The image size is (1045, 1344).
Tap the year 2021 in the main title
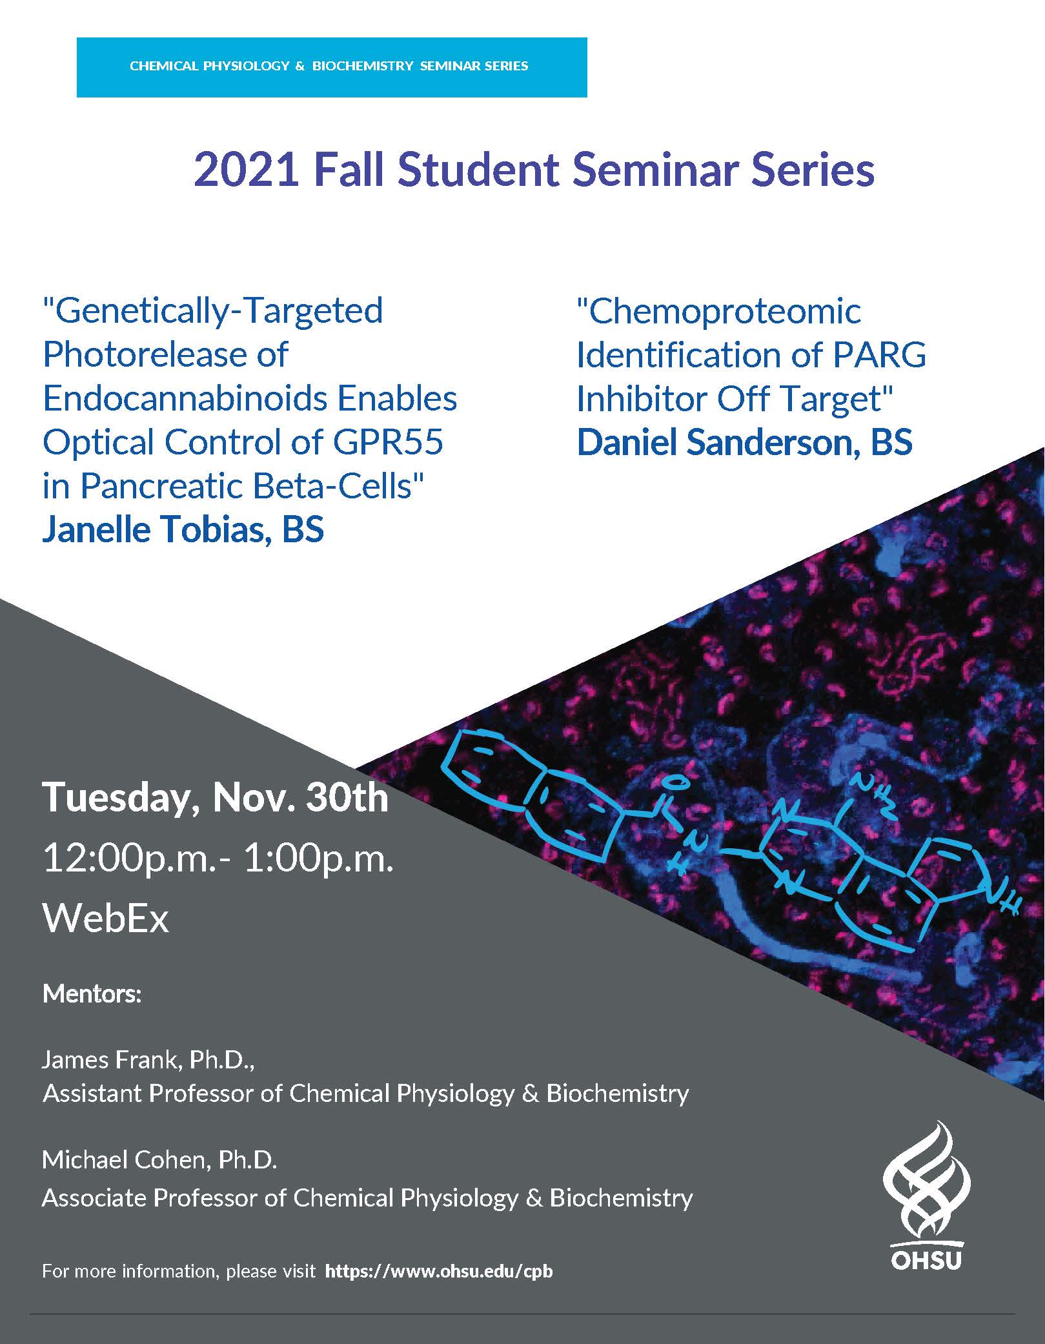pos(247,170)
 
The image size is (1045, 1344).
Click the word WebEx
pos(106,918)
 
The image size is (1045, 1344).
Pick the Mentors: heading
pos(92,993)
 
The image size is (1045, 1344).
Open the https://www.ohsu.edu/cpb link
pos(439,1271)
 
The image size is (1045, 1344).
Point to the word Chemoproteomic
pos(719,311)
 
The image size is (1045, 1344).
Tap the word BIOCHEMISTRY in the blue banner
pos(363,66)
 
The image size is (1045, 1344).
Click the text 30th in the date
pos(347,797)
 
